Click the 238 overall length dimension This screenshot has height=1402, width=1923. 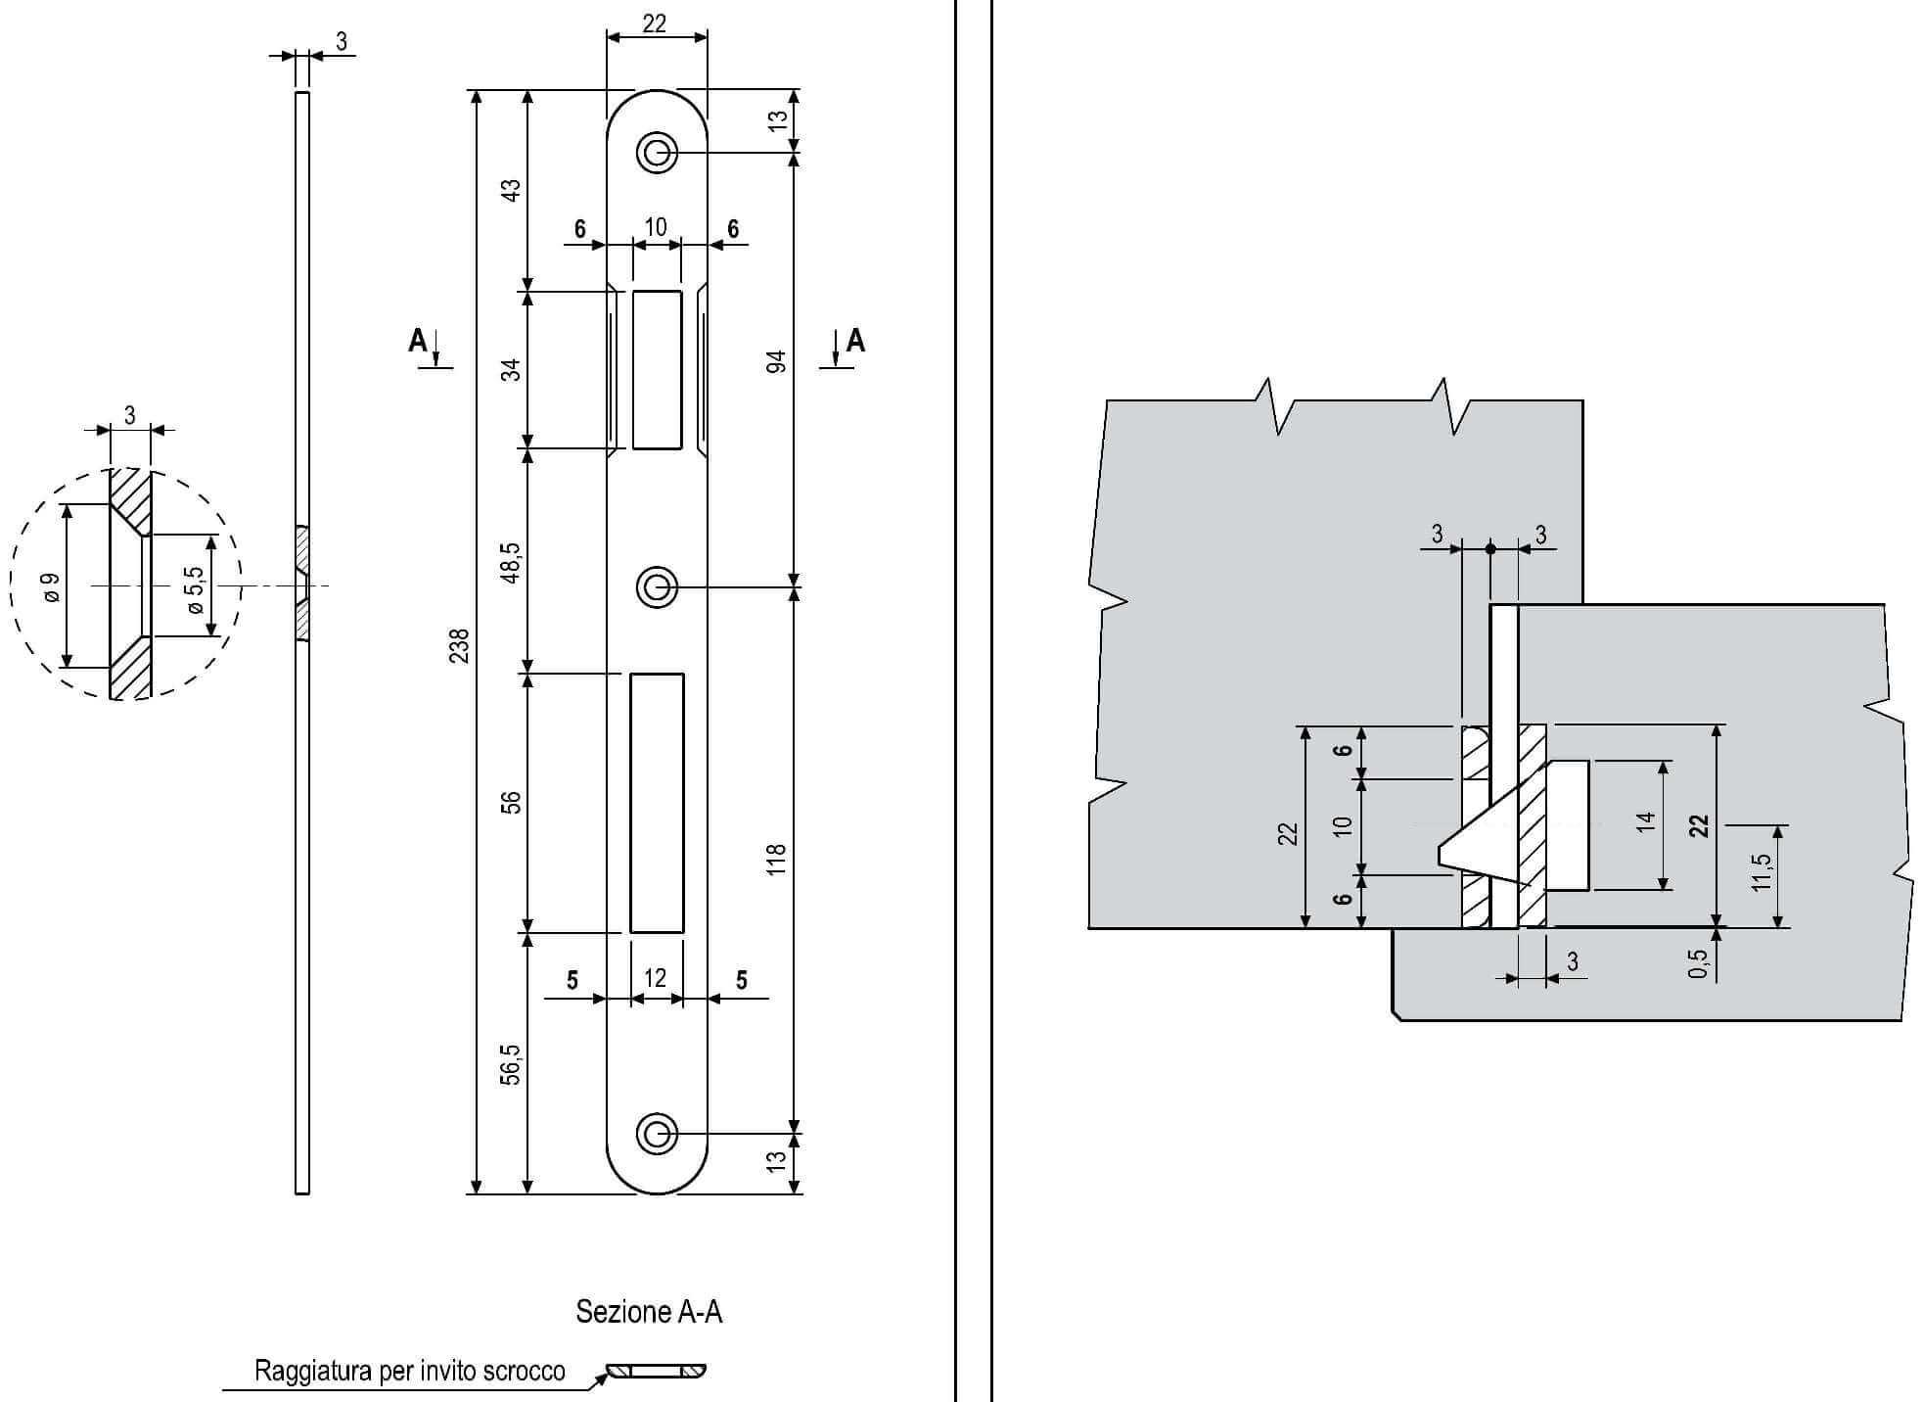459,645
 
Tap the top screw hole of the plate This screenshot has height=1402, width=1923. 657,153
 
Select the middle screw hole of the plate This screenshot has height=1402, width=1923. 657,587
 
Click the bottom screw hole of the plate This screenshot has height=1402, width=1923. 657,1134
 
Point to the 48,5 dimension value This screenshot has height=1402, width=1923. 511,562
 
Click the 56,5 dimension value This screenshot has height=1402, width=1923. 511,1064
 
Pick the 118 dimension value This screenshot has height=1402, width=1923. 776,859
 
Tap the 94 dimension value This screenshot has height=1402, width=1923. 776,360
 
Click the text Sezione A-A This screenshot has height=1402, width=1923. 649,1312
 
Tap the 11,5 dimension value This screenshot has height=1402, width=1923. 1762,872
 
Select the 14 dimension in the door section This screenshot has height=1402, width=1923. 1645,820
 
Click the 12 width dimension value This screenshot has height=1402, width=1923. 655,978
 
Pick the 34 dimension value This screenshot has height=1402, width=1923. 511,370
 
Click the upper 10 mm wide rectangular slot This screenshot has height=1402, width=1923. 657,369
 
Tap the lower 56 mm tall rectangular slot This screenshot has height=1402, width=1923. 657,803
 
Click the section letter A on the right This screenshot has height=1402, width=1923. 855,341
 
